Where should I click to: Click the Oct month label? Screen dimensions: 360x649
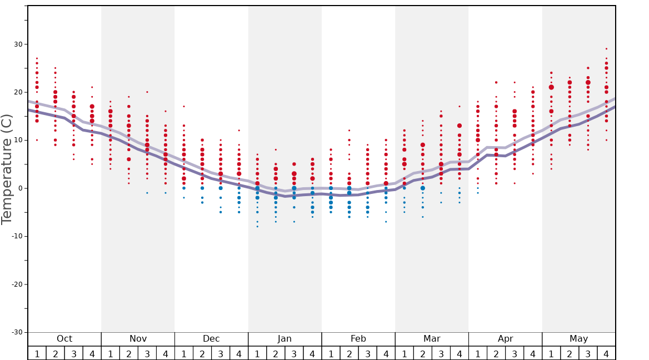tap(64, 339)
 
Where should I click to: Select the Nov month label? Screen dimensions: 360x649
tap(138, 339)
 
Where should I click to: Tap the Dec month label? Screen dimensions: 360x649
tap(211, 339)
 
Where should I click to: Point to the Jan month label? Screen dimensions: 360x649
tap(284, 339)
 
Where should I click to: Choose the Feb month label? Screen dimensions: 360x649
tap(358, 339)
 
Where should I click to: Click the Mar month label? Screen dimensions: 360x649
tap(432, 339)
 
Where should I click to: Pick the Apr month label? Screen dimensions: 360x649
tap(505, 339)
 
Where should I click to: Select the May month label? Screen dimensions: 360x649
tap(578, 339)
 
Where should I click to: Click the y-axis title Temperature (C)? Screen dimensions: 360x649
tap(7, 169)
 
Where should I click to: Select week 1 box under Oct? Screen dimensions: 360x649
tap(37, 353)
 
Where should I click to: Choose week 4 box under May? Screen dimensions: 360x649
tap(606, 353)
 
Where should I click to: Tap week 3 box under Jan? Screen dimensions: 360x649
tap(294, 353)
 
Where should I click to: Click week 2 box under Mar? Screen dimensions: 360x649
tap(422, 353)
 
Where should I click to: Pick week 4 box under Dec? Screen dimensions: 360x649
tap(239, 353)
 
